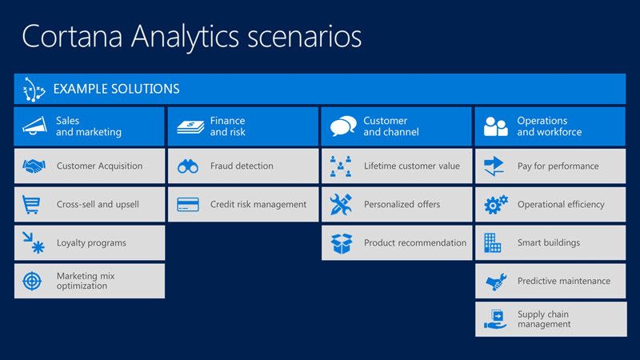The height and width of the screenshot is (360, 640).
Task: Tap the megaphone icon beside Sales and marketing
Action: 34,126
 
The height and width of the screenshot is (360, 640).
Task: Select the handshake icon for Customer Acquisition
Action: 34,166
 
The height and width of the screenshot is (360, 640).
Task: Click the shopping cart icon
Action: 33,205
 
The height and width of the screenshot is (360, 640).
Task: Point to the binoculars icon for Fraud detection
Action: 188,166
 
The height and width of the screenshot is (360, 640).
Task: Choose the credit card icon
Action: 188,204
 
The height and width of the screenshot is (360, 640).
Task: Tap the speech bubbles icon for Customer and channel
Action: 342,126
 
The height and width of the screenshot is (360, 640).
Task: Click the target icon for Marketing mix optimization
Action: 33,281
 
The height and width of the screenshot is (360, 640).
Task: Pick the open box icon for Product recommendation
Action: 342,243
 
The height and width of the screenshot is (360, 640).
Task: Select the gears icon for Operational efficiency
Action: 495,205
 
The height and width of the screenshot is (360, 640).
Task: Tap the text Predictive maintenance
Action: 563,281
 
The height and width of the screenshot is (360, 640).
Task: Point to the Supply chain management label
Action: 544,319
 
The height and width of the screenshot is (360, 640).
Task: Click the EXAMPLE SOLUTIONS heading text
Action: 116,89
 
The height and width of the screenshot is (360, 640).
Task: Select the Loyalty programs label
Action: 91,242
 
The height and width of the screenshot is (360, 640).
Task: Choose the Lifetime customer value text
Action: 412,166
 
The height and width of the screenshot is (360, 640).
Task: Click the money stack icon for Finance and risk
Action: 188,126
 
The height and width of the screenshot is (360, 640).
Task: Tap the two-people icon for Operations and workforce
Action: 495,126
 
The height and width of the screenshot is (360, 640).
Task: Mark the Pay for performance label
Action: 558,166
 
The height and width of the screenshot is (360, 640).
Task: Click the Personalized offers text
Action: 402,204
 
